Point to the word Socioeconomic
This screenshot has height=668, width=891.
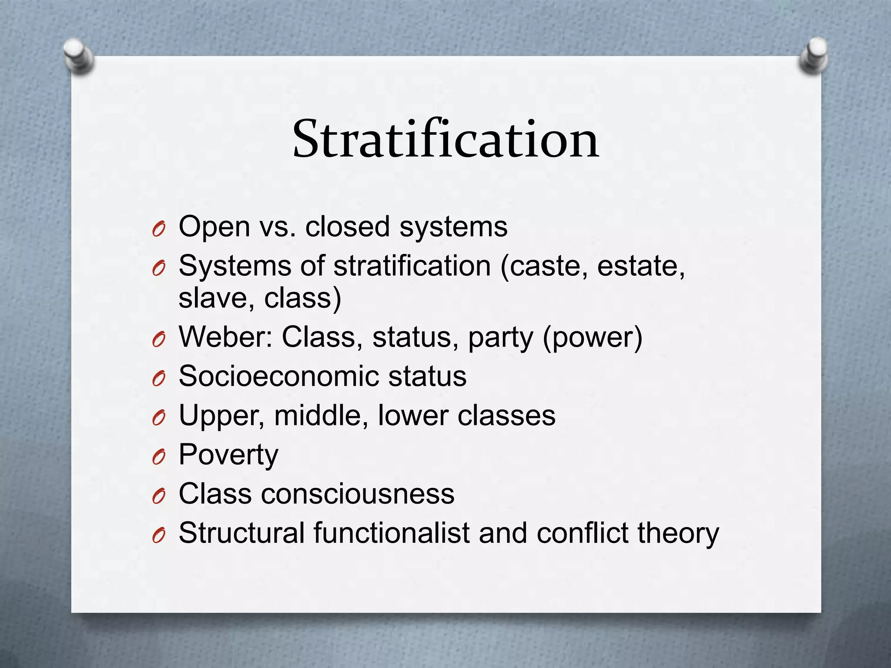pos(278,376)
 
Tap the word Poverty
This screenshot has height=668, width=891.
pos(228,455)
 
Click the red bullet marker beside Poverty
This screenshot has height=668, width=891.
pos(159,457)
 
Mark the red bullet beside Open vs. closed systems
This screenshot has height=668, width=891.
pos(159,229)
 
